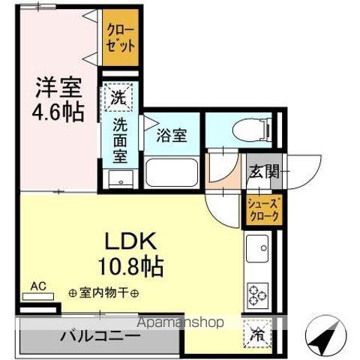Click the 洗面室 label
[120, 139]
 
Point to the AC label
[38, 286]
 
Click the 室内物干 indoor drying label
[105, 292]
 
